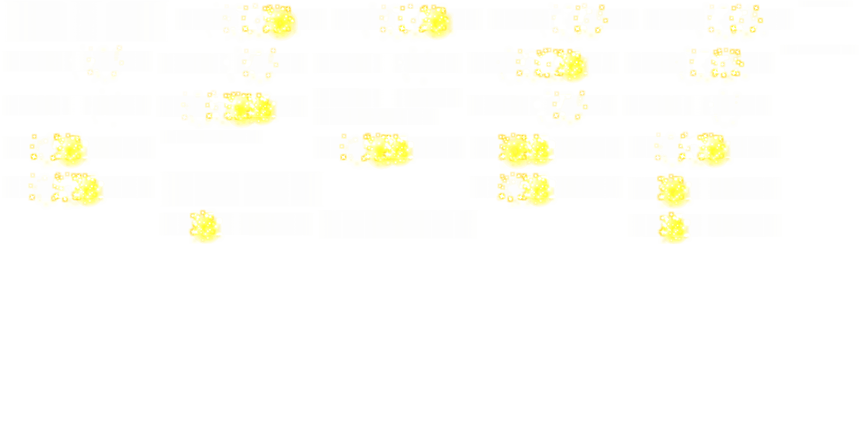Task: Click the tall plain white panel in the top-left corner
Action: click(86, 21)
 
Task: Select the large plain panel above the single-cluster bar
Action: click(242, 189)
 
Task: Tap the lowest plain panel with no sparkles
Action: click(398, 224)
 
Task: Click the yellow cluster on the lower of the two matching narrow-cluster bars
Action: click(673, 229)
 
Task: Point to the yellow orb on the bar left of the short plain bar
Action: click(69, 149)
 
